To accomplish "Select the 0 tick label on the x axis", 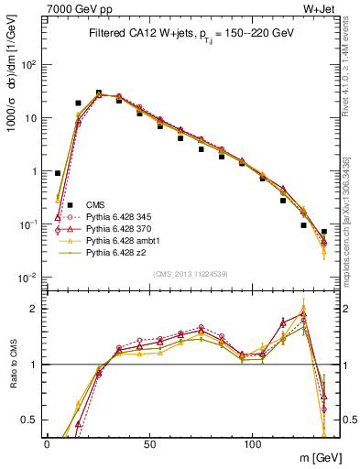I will (x=47, y=443).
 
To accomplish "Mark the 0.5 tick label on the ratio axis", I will (x=32, y=420).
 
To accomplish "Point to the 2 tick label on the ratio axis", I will (x=37, y=309).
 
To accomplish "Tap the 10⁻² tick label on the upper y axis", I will (x=30, y=278).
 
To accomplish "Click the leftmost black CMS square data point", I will (x=58, y=173).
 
